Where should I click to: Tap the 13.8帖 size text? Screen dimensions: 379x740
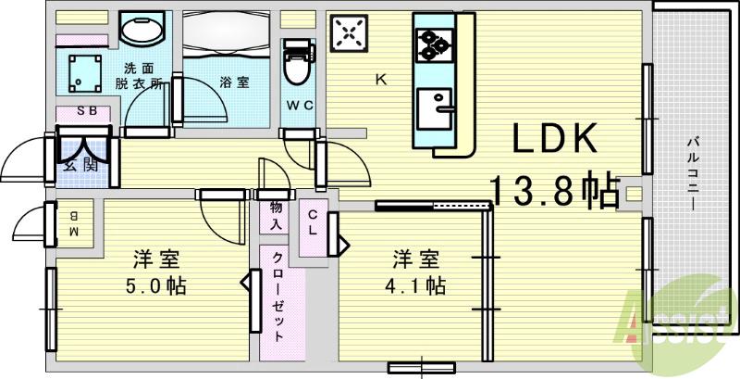(x=553, y=192)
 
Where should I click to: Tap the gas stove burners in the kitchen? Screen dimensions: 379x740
(x=432, y=43)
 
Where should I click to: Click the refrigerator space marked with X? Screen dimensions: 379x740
(x=350, y=33)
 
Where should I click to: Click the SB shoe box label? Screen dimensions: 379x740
(x=85, y=112)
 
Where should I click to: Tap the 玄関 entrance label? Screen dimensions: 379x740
(x=80, y=165)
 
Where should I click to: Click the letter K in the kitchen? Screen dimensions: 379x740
(x=379, y=80)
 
